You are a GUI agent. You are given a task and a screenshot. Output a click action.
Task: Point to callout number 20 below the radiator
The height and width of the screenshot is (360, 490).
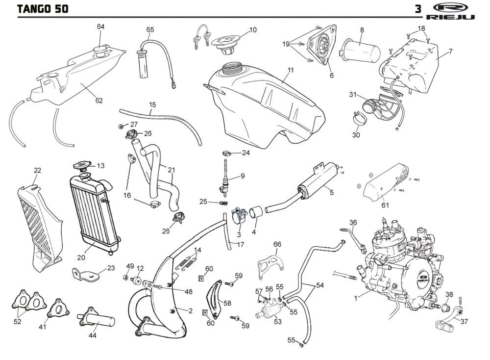point(81,257)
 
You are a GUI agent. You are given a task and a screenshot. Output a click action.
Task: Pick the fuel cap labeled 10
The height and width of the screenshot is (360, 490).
point(227,39)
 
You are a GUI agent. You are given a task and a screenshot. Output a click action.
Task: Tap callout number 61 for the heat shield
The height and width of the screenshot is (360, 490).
point(385,205)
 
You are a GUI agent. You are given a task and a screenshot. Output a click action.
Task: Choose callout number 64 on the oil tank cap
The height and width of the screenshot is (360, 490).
point(100,26)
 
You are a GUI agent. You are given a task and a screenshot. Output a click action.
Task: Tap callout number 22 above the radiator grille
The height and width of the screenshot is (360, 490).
point(37,170)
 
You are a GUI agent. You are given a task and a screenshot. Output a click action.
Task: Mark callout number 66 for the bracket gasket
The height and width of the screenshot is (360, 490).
point(277,244)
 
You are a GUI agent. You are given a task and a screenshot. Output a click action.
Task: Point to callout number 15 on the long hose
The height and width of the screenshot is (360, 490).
point(152,104)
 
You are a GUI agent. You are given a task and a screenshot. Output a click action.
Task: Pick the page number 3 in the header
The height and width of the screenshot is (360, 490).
point(418,8)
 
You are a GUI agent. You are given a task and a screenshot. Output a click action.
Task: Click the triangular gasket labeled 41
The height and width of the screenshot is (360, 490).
point(57,308)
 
